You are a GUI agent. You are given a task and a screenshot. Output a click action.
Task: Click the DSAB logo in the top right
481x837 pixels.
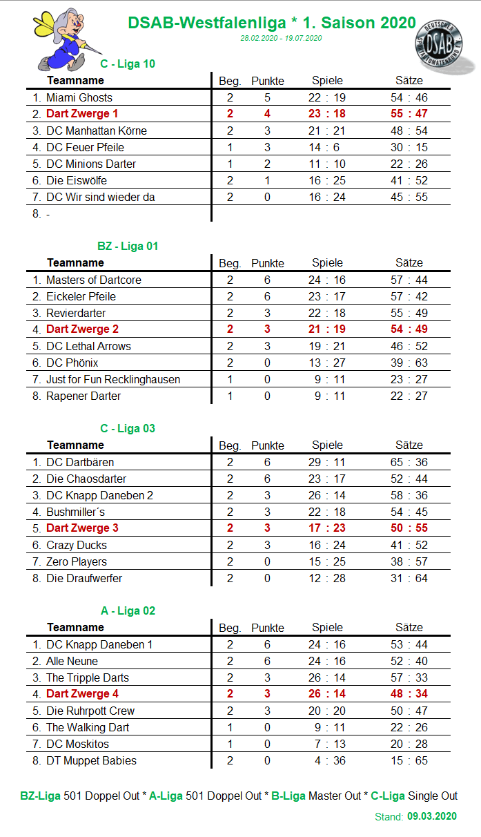(446, 47)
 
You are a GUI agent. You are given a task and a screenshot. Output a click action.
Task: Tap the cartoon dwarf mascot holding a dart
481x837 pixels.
(61, 39)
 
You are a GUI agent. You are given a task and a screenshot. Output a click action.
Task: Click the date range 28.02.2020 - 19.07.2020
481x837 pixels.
(281, 38)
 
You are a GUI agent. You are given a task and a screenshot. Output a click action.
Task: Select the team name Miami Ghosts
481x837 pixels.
(79, 97)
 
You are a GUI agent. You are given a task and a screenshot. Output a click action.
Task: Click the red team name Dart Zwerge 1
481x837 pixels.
(82, 114)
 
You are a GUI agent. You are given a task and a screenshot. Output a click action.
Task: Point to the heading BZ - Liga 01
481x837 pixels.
(128, 246)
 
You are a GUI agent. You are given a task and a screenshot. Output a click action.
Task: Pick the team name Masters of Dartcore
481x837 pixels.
(93, 280)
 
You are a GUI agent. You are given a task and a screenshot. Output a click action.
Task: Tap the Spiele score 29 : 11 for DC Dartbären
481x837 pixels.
(326, 462)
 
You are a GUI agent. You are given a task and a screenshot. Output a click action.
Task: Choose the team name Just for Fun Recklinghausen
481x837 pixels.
(112, 379)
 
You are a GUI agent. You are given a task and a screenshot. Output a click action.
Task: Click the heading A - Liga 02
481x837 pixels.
(128, 610)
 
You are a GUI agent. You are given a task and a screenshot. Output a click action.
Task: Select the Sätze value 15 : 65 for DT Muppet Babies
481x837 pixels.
(409, 760)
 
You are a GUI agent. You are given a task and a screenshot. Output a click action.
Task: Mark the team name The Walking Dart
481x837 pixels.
(87, 727)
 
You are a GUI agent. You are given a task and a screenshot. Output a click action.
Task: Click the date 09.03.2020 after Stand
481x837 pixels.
(431, 816)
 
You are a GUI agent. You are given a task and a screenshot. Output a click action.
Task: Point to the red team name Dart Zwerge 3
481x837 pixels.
(82, 528)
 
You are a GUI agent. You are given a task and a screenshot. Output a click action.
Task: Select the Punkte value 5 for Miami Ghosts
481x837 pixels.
(267, 97)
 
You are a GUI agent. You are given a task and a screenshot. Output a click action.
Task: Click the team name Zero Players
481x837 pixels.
(76, 561)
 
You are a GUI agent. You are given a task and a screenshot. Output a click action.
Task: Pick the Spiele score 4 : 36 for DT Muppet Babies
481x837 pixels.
(326, 760)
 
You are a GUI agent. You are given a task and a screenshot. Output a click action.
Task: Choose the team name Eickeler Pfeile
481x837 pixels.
(81, 296)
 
